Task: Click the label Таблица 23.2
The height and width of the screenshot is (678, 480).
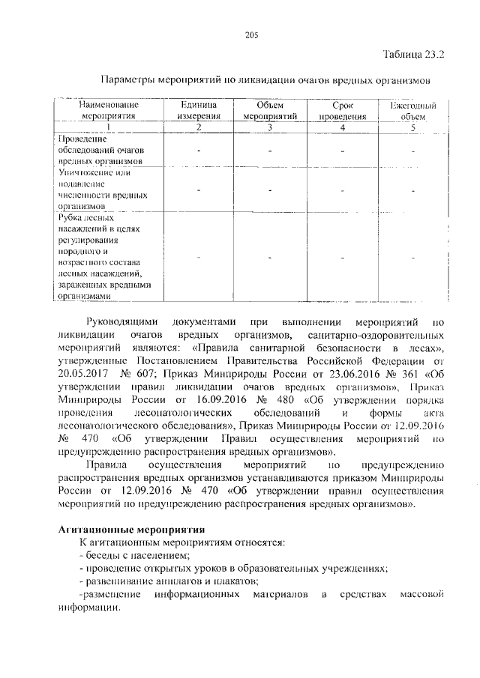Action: click(x=414, y=55)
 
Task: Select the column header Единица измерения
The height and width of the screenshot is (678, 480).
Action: click(x=199, y=112)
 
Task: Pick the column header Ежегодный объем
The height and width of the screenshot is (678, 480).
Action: click(x=412, y=112)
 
